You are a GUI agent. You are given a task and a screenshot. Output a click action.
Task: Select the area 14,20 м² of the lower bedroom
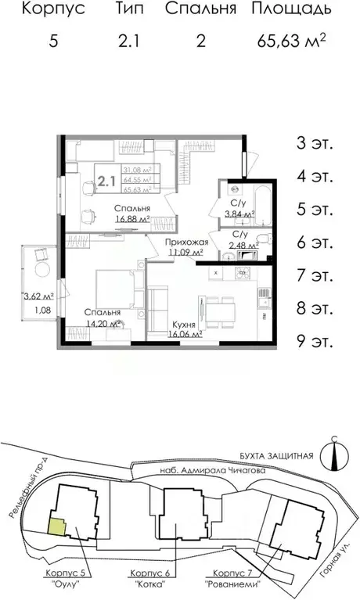[x=103, y=322]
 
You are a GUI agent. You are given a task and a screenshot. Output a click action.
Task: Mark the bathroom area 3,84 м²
[x=239, y=213]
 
